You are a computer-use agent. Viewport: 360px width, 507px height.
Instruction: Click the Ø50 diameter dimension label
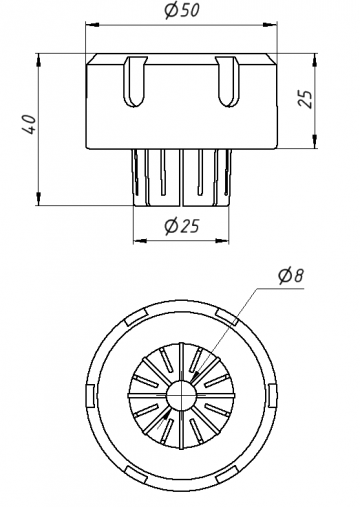coord(182,11)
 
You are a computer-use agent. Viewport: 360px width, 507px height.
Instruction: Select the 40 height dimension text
coord(29,124)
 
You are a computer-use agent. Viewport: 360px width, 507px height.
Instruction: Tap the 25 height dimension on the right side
coord(305,99)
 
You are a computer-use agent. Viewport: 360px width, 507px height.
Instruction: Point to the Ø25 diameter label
coord(182,226)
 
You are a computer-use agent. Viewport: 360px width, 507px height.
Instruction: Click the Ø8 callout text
coord(291,276)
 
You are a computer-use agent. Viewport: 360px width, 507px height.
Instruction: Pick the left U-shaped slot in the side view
coord(135,81)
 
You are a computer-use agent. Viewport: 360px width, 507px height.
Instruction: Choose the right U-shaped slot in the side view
coord(228,81)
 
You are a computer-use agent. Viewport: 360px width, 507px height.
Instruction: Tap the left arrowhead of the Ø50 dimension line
coord(92,24)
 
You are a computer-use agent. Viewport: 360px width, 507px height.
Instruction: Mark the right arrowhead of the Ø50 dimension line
coord(270,24)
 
